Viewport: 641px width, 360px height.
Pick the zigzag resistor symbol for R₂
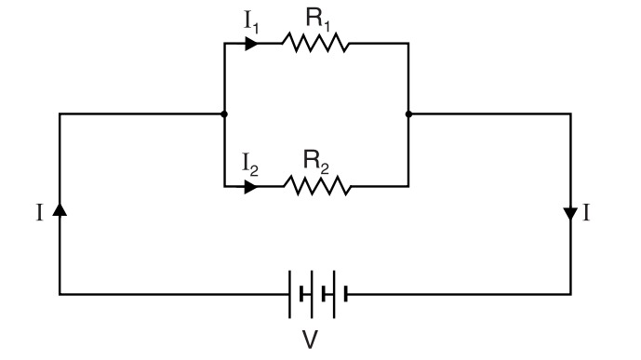pos(317,187)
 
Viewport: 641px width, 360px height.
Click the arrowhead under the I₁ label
pos(251,44)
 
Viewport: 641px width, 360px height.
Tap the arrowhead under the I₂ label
pos(251,187)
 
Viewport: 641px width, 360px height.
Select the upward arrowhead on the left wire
pos(60,211)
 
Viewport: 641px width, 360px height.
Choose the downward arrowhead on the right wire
pos(570,214)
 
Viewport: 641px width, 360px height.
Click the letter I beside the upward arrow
pos(39,214)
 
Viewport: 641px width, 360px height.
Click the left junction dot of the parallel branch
pos(224,114)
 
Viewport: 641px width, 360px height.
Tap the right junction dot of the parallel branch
pos(408,114)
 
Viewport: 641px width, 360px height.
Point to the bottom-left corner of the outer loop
pos(60,294)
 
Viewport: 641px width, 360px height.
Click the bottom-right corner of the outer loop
pos(570,294)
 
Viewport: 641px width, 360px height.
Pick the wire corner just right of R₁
pos(408,44)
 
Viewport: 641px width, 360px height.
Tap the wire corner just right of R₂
pos(408,187)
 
